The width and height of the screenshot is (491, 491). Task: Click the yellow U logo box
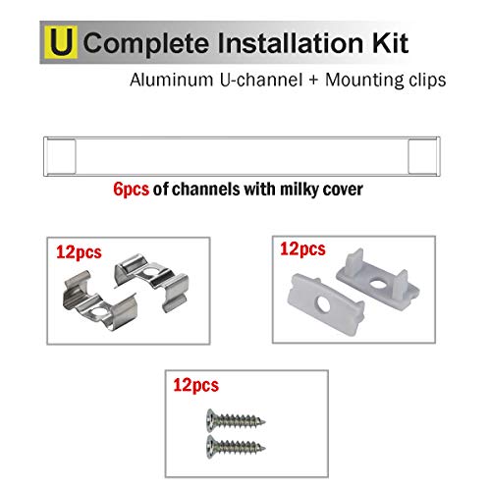tap(61, 42)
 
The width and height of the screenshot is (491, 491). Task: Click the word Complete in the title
tap(146, 43)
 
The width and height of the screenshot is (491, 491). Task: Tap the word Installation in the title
tap(291, 42)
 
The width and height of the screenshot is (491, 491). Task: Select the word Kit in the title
tap(390, 42)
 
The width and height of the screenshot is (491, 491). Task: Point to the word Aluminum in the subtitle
tap(172, 80)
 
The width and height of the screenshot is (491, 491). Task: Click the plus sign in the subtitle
tap(313, 81)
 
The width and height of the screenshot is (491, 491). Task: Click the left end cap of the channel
tap(61, 156)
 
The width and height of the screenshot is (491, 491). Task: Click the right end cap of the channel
tap(422, 156)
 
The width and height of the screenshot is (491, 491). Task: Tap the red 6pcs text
tap(131, 190)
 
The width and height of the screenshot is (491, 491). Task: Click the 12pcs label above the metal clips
tap(79, 252)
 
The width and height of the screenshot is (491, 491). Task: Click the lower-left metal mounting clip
tap(99, 300)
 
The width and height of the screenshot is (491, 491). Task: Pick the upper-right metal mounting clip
tap(151, 279)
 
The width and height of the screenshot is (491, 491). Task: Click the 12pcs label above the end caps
tap(302, 249)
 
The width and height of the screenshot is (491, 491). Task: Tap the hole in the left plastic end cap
tap(324, 304)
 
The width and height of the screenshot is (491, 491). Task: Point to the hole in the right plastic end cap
tap(379, 283)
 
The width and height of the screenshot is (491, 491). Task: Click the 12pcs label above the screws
tap(195, 385)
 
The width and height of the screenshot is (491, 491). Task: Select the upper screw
tap(236, 420)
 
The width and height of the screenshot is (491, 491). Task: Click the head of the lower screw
tap(212, 447)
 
